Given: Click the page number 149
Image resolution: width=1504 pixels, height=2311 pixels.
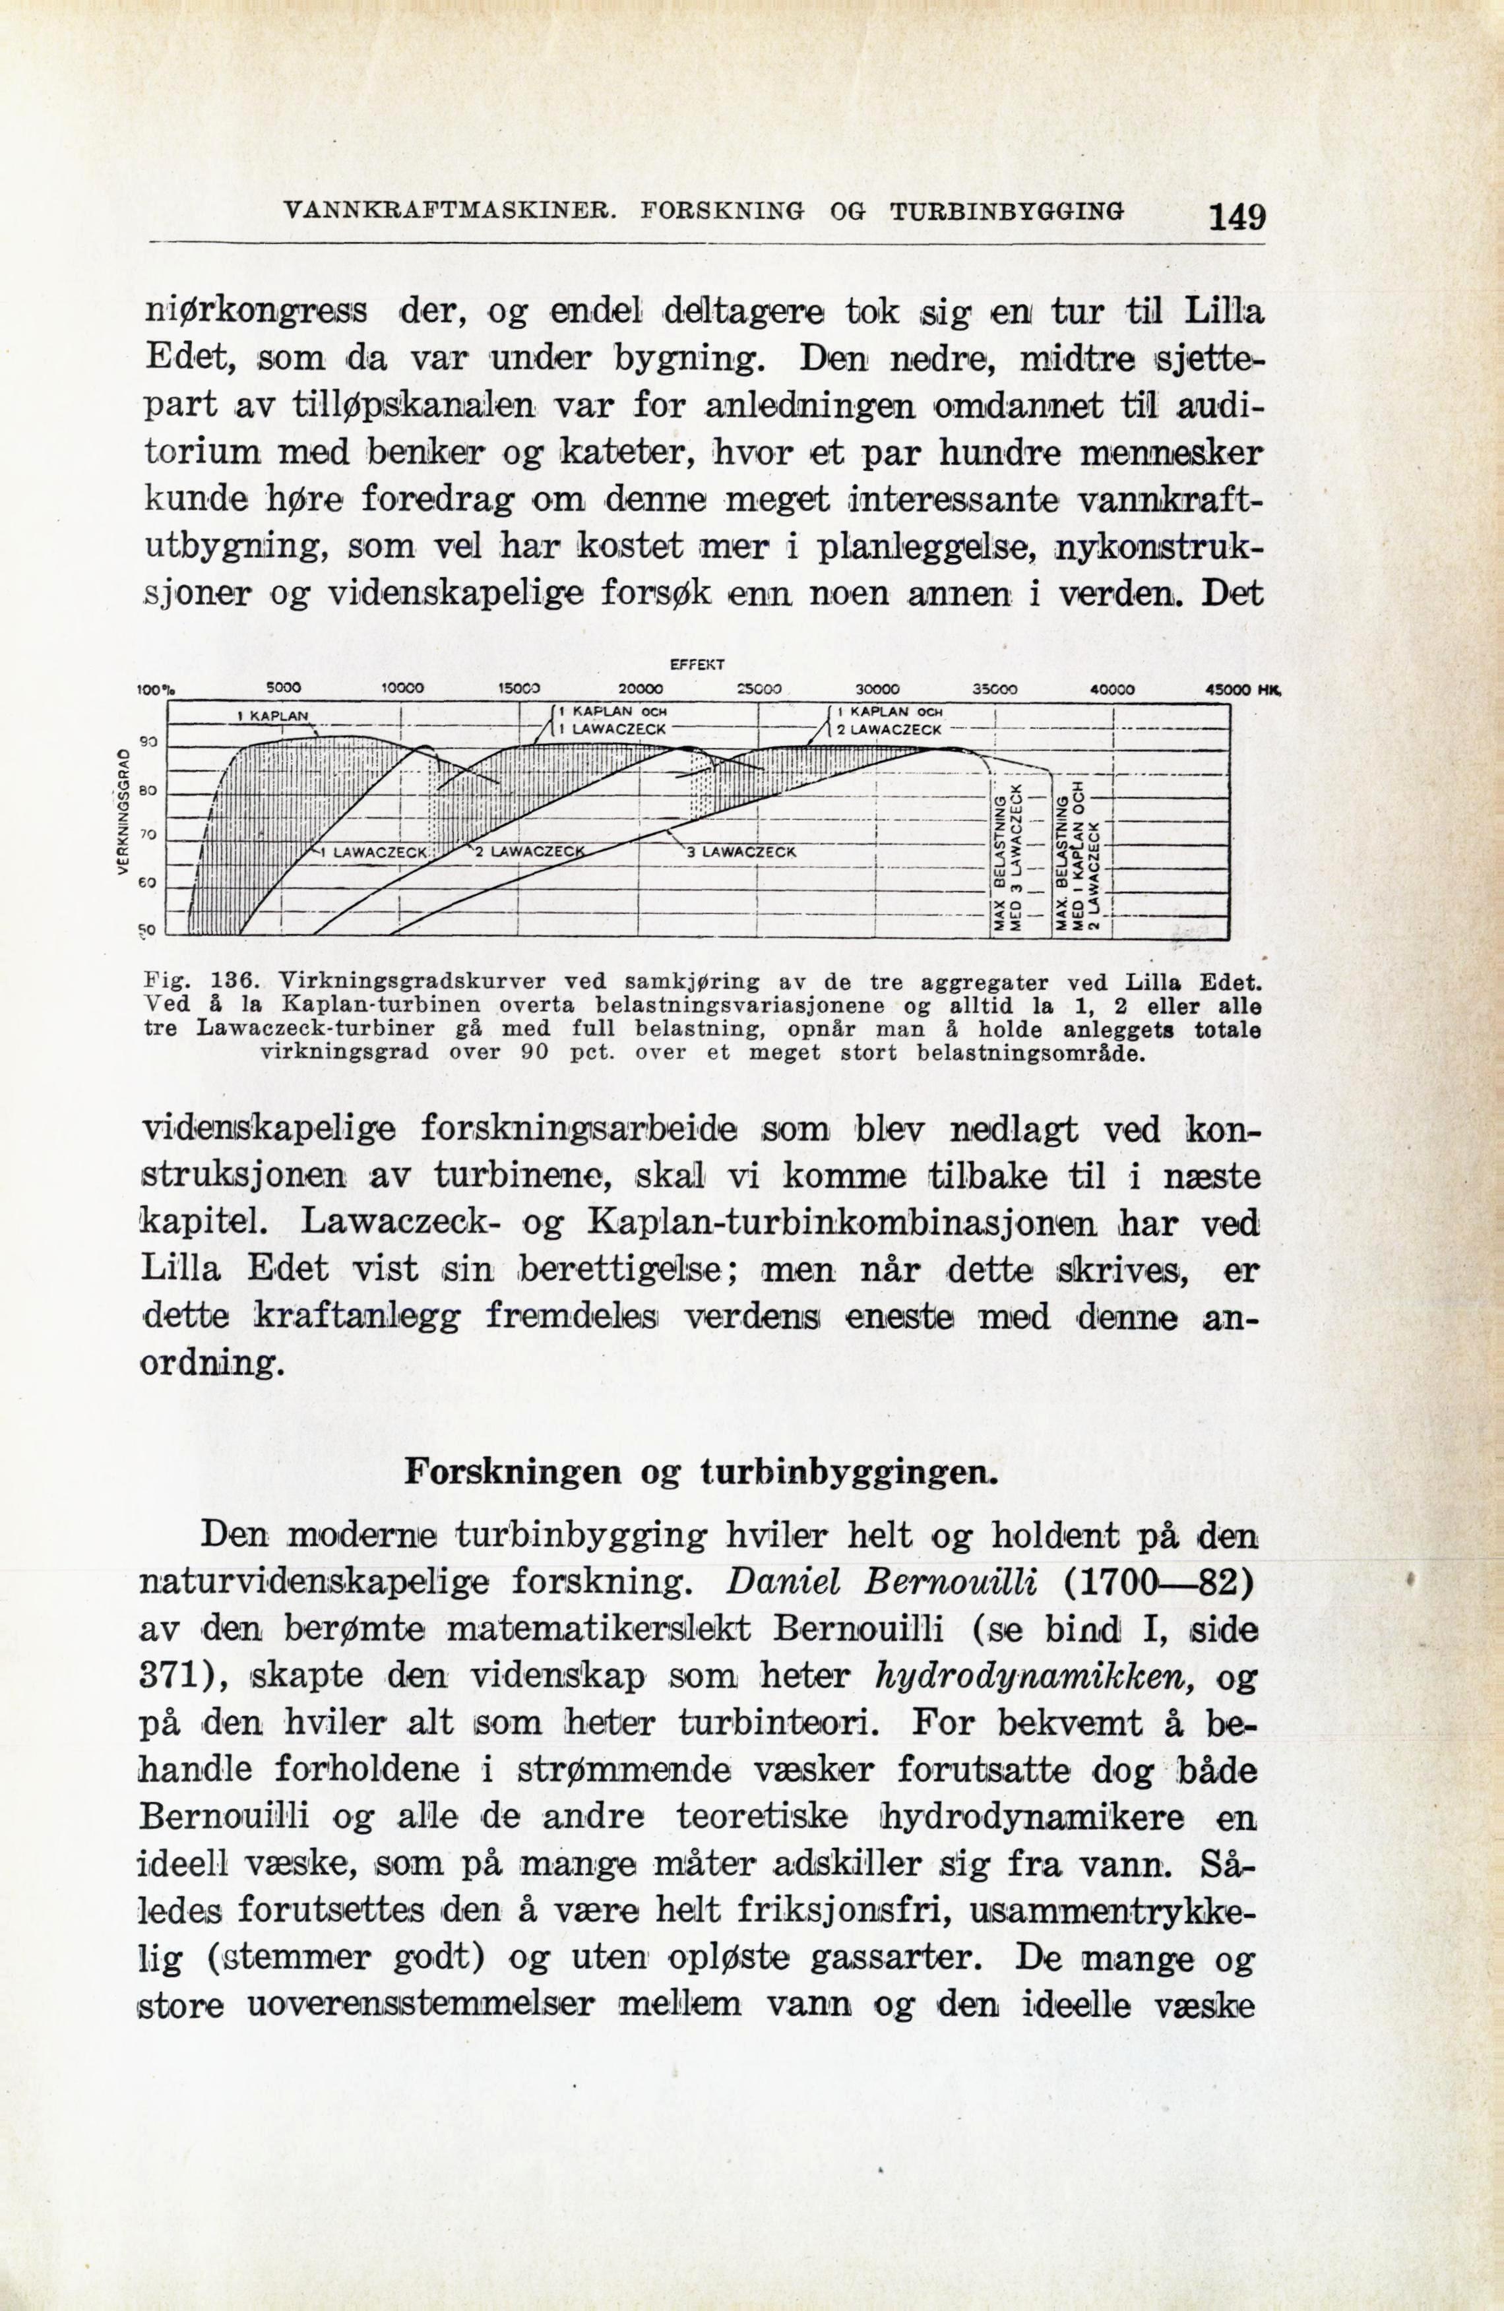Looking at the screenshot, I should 1236,214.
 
